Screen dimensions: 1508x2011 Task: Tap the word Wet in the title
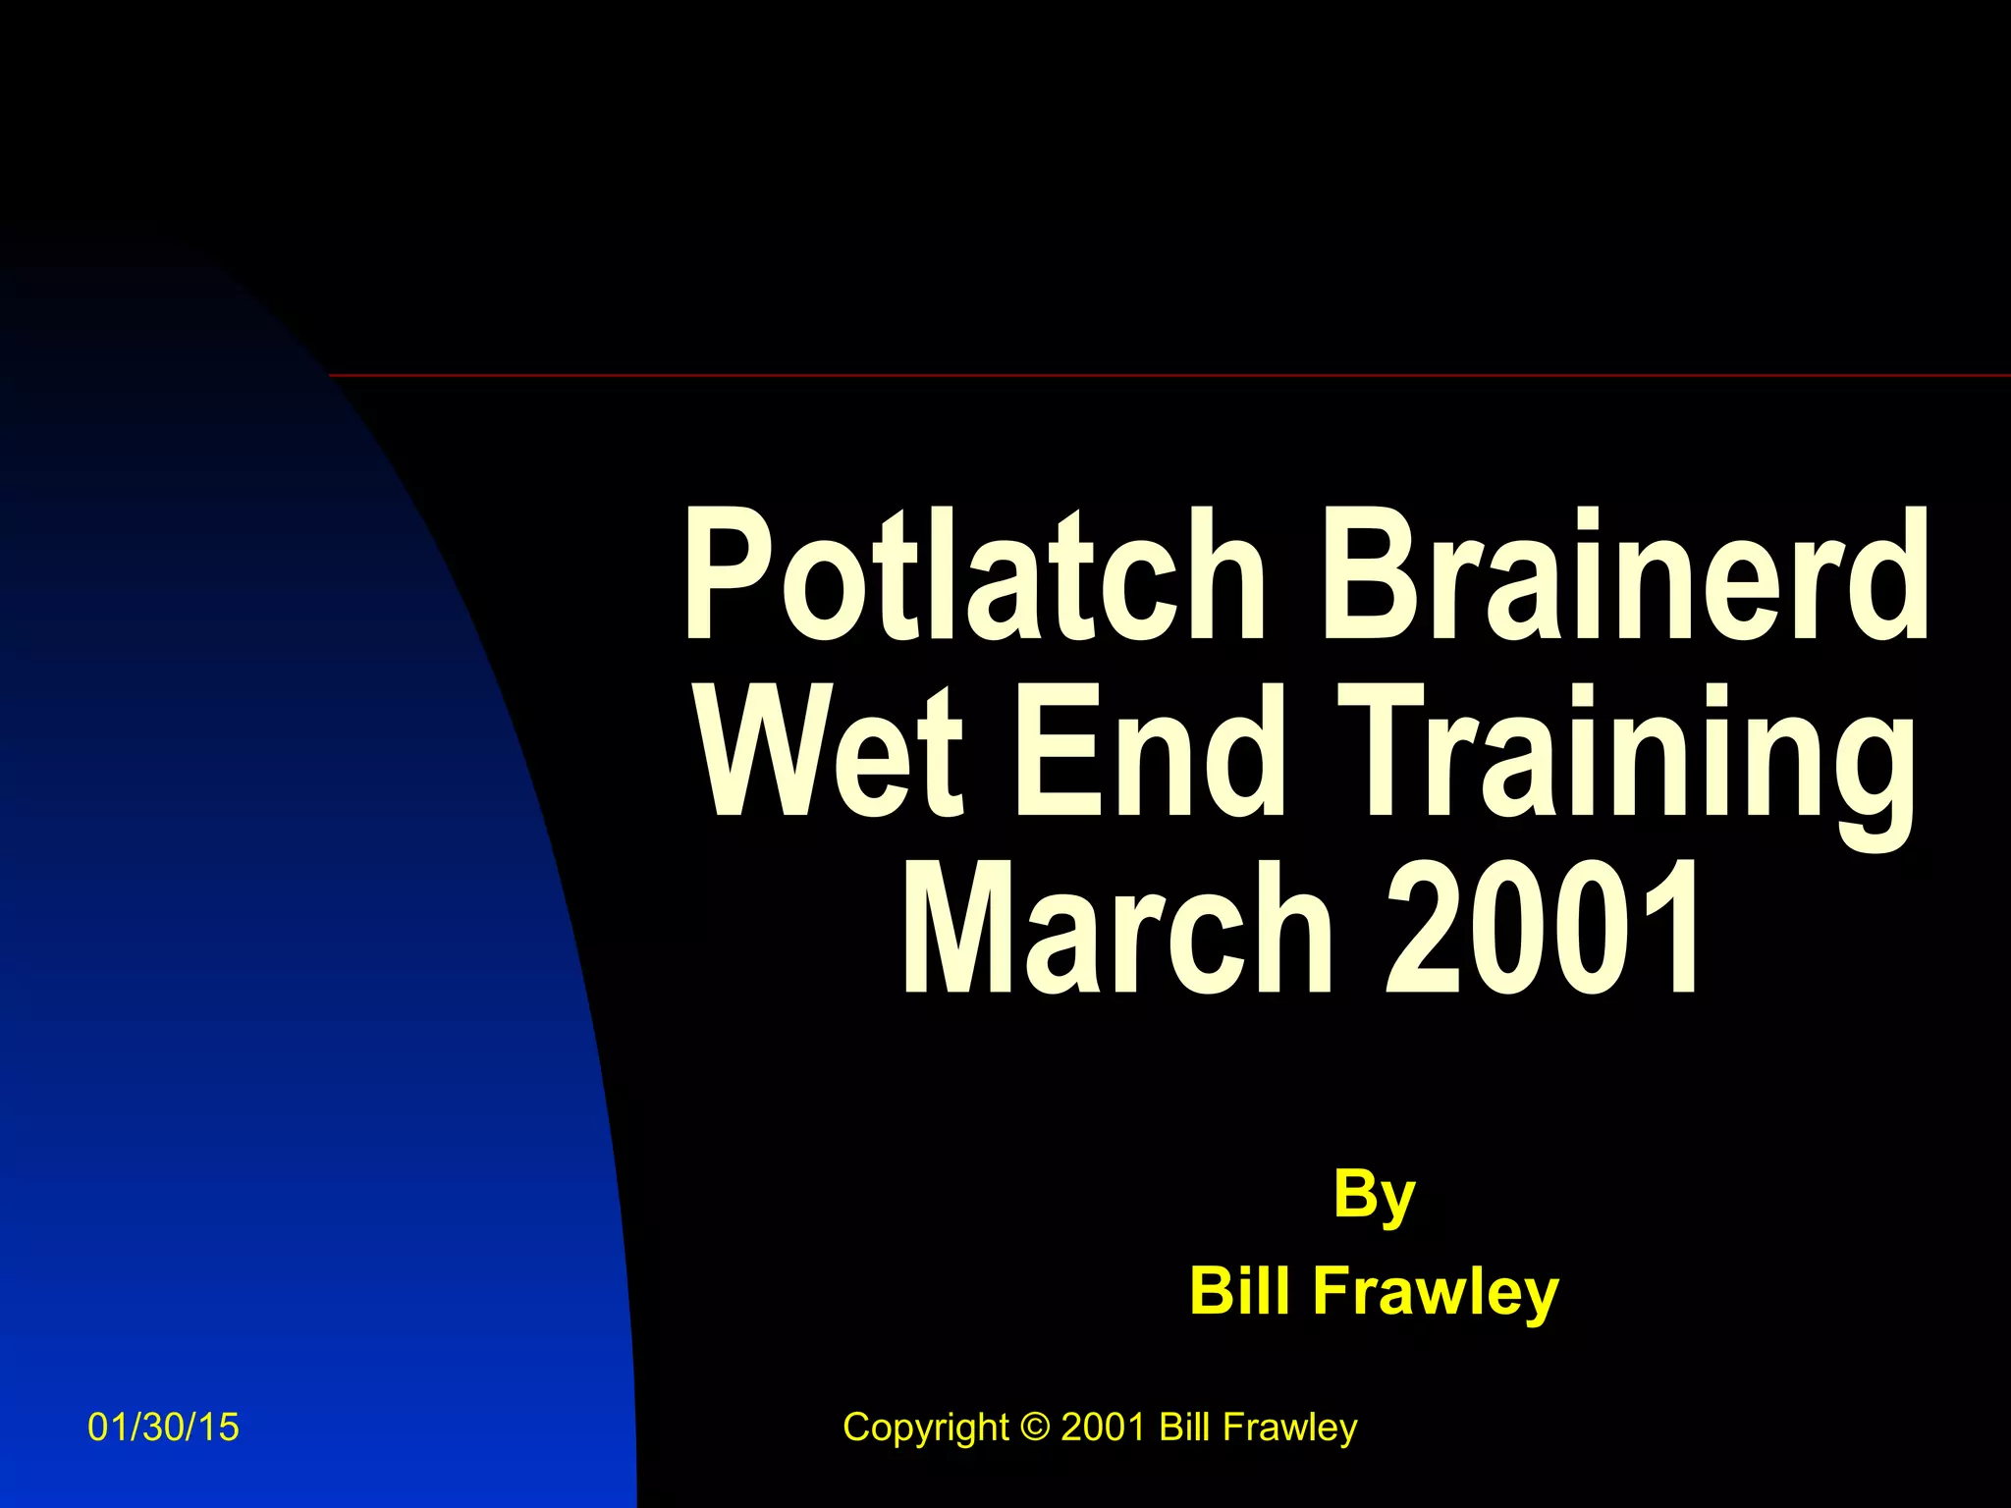pyautogui.click(x=831, y=751)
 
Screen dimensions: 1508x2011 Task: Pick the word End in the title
pyautogui.click(x=1149, y=751)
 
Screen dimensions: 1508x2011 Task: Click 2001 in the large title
pyautogui.click(x=1542, y=928)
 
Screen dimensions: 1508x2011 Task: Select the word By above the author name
pyautogui.click(x=1374, y=1196)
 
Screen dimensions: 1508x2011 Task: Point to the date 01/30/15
pyautogui.click(x=163, y=1427)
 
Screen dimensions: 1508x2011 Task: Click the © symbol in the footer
pyautogui.click(x=1035, y=1427)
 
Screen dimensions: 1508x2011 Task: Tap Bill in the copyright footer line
pyautogui.click(x=1184, y=1427)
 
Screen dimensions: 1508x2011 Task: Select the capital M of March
pyautogui.click(x=957, y=928)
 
